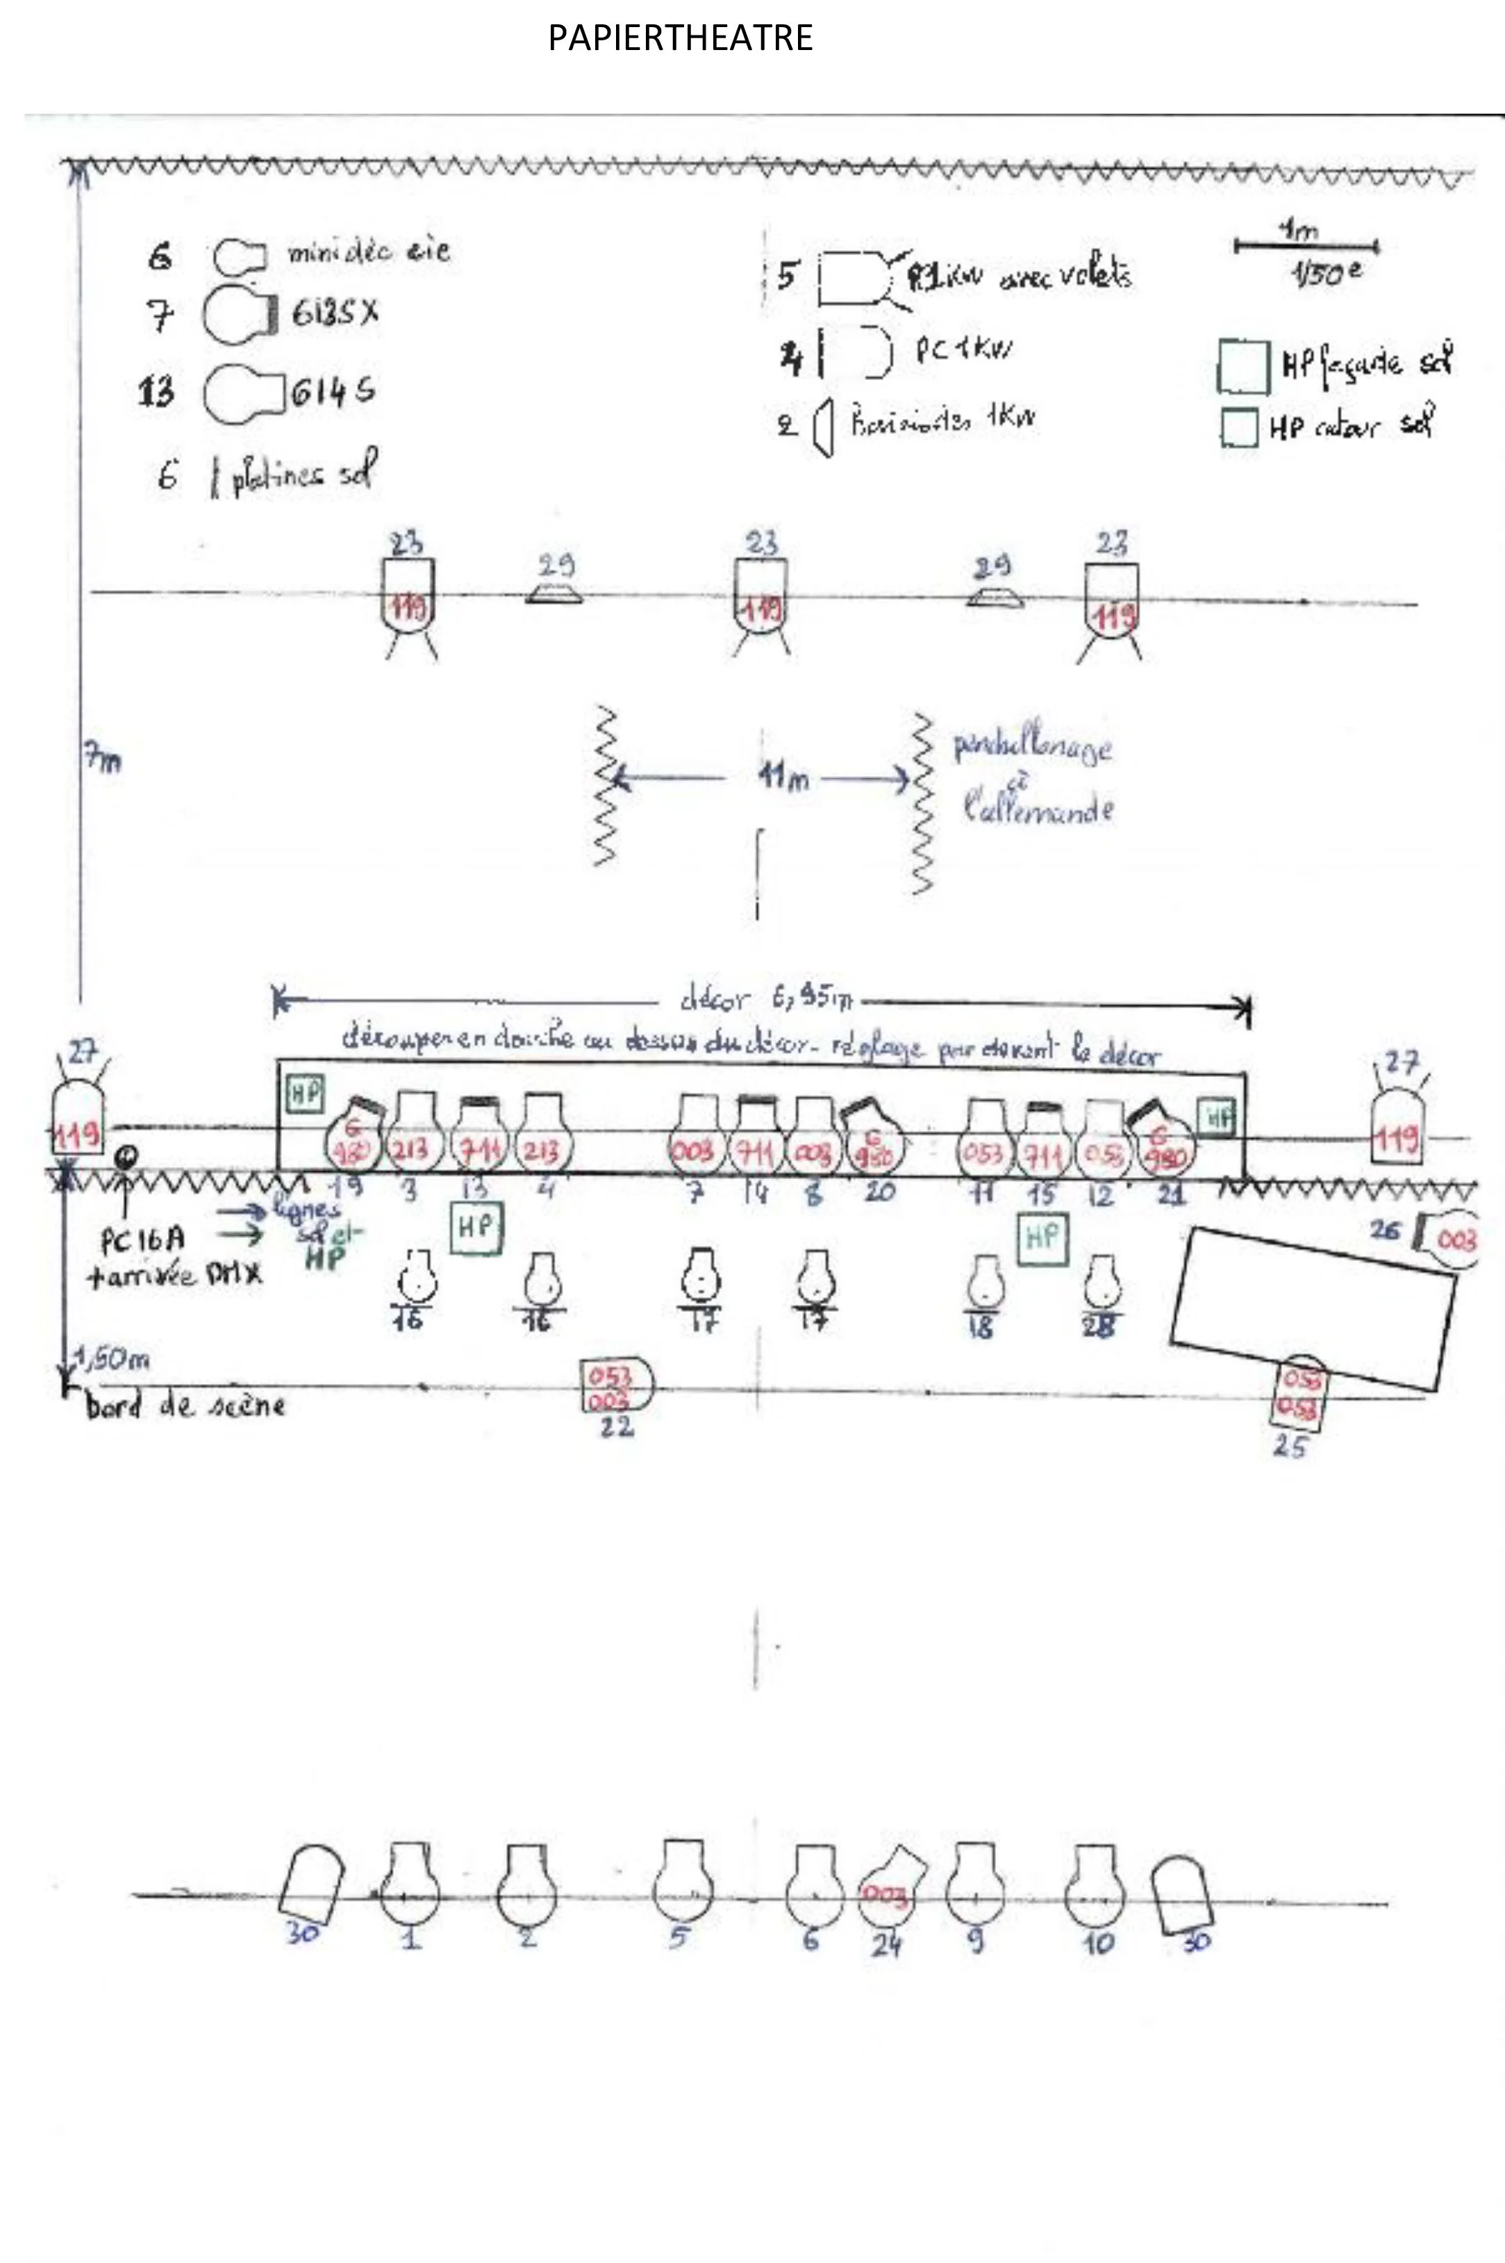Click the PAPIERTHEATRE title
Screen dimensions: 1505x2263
(681, 38)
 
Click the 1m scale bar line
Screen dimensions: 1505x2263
(1306, 247)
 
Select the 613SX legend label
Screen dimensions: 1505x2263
(335, 313)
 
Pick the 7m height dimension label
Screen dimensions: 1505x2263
(101, 760)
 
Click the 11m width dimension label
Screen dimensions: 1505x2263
(783, 777)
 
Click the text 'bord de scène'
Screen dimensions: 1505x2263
(184, 1406)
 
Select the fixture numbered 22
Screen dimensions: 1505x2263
(616, 1385)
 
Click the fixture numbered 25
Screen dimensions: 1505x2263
(1301, 1393)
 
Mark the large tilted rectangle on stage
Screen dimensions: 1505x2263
(1311, 1308)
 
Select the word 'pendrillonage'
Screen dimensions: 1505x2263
(1033, 747)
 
